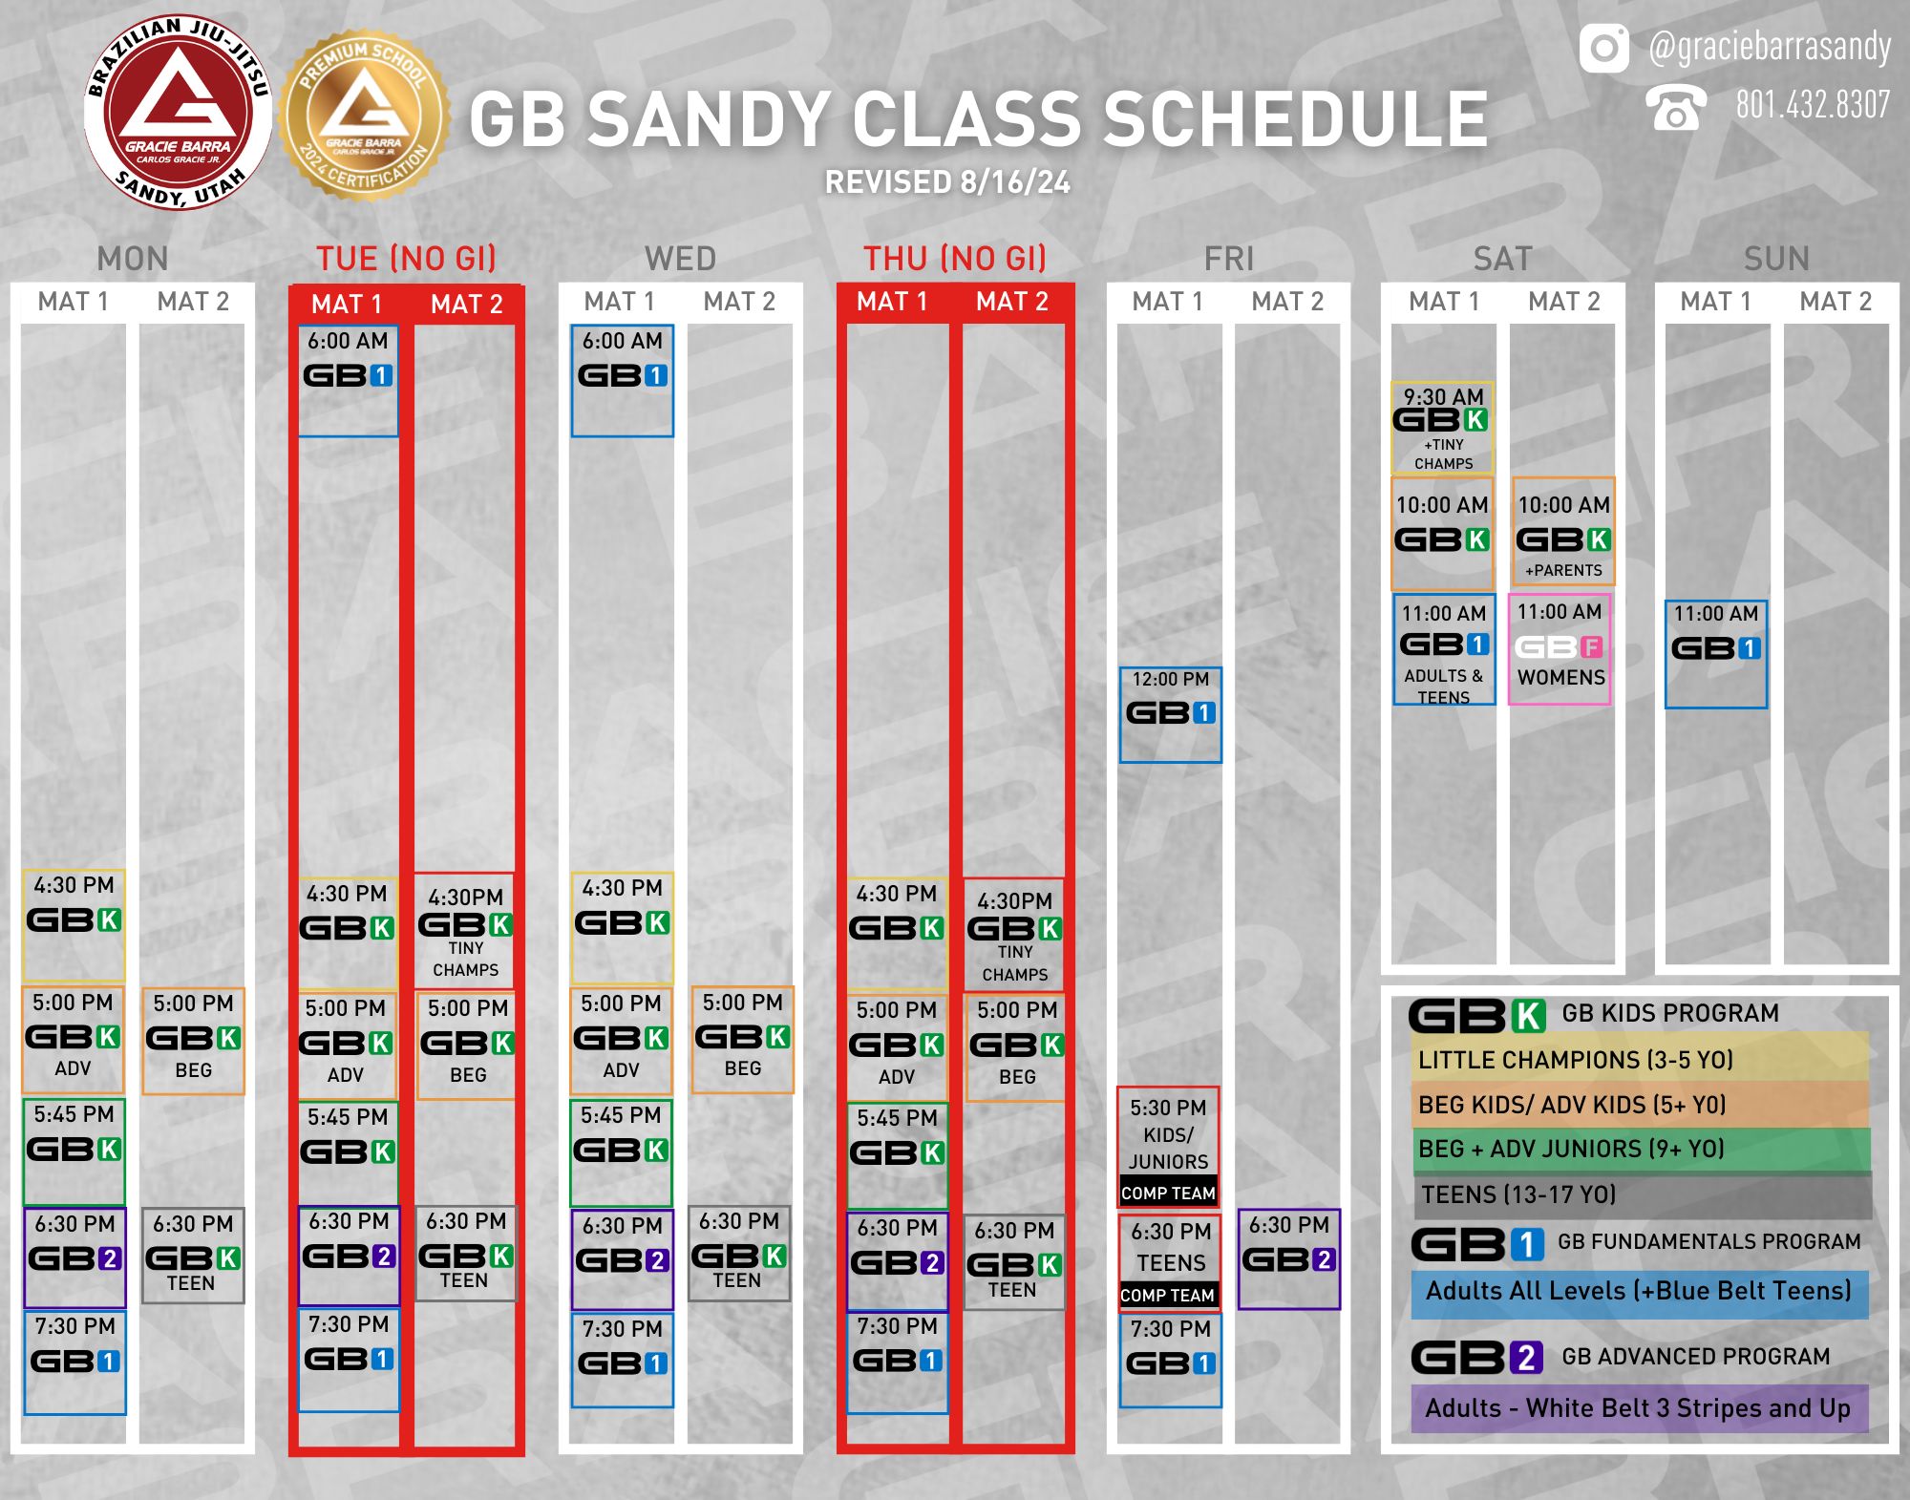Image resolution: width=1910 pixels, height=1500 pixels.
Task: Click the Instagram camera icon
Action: click(1603, 48)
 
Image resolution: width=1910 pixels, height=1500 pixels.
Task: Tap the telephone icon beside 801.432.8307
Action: click(1676, 107)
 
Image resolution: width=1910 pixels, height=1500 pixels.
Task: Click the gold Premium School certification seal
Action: click(364, 115)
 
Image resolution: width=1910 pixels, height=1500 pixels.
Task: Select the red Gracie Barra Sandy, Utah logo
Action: click(179, 113)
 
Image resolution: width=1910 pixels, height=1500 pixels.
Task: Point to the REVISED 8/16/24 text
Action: click(947, 182)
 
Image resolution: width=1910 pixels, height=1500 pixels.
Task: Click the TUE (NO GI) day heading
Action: click(406, 259)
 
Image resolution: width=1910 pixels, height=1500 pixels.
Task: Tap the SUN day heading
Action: click(1776, 259)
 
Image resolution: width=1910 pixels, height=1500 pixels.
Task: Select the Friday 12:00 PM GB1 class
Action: click(1171, 715)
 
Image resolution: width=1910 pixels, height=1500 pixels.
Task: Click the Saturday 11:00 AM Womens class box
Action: click(1560, 649)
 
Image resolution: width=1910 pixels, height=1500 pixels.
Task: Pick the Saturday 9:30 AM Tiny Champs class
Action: click(1443, 428)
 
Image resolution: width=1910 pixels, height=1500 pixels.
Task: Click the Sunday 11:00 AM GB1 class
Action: click(1716, 654)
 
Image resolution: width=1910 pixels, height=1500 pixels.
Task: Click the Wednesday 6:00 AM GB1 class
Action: click(623, 381)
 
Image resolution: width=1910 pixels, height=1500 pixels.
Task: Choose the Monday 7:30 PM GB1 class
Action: click(75, 1363)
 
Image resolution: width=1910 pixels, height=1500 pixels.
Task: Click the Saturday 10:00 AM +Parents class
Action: click(1563, 532)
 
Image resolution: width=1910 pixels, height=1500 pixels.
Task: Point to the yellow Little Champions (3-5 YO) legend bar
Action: click(1640, 1060)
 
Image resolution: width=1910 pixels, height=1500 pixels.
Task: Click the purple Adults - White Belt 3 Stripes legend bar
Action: click(1640, 1408)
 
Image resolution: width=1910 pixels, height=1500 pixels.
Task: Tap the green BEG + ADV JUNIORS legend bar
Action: click(1640, 1149)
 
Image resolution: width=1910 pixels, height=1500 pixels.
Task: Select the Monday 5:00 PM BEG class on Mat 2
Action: click(194, 1041)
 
